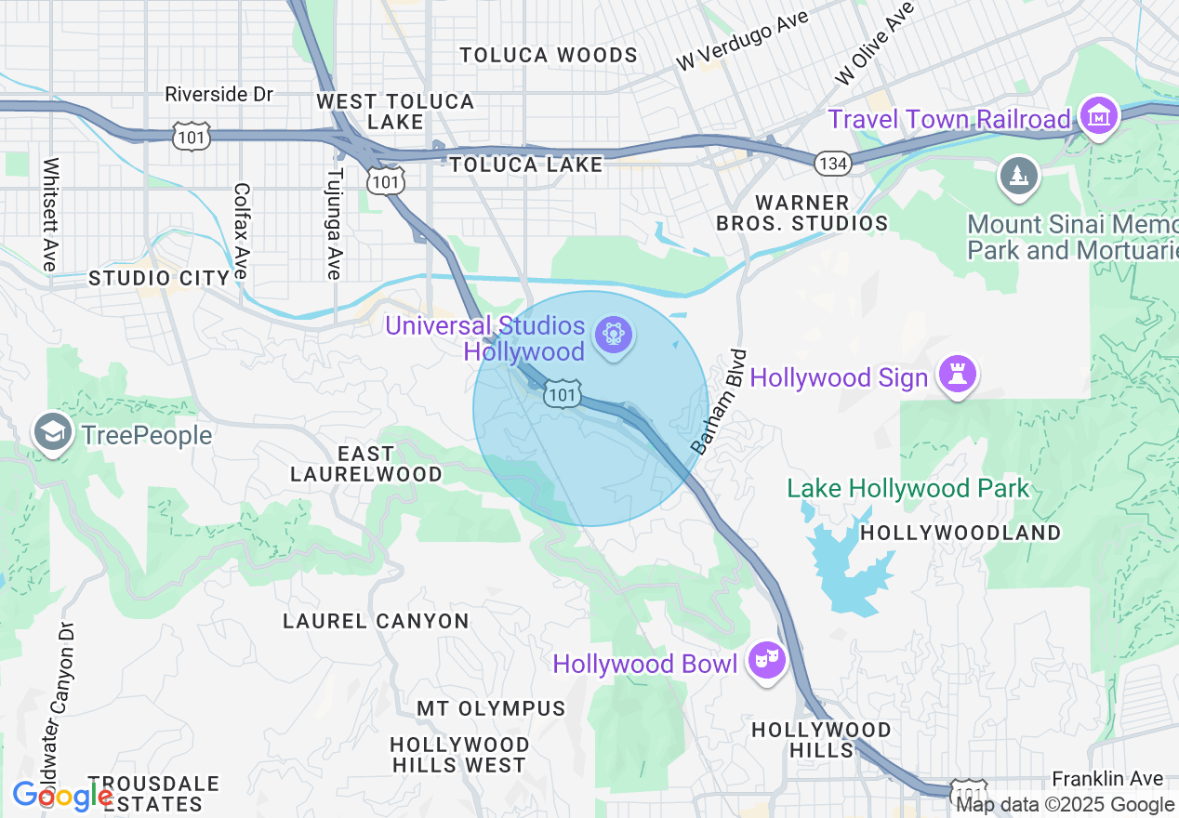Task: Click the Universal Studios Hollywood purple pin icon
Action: point(613,334)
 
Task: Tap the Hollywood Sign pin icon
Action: point(958,375)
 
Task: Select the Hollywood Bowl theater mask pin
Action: point(767,661)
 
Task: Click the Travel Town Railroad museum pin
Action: point(1100,116)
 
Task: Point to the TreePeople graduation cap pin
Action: point(53,432)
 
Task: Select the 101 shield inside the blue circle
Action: point(563,394)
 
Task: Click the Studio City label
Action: point(159,278)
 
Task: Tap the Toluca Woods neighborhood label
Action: point(549,56)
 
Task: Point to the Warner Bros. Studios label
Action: point(801,213)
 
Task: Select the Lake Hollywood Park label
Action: point(908,489)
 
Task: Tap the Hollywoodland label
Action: point(960,533)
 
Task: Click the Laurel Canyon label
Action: point(376,621)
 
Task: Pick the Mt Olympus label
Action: point(491,708)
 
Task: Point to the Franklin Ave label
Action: point(1107,778)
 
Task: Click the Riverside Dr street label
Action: point(219,95)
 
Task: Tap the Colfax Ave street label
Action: point(242,231)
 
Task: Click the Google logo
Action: point(62,797)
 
